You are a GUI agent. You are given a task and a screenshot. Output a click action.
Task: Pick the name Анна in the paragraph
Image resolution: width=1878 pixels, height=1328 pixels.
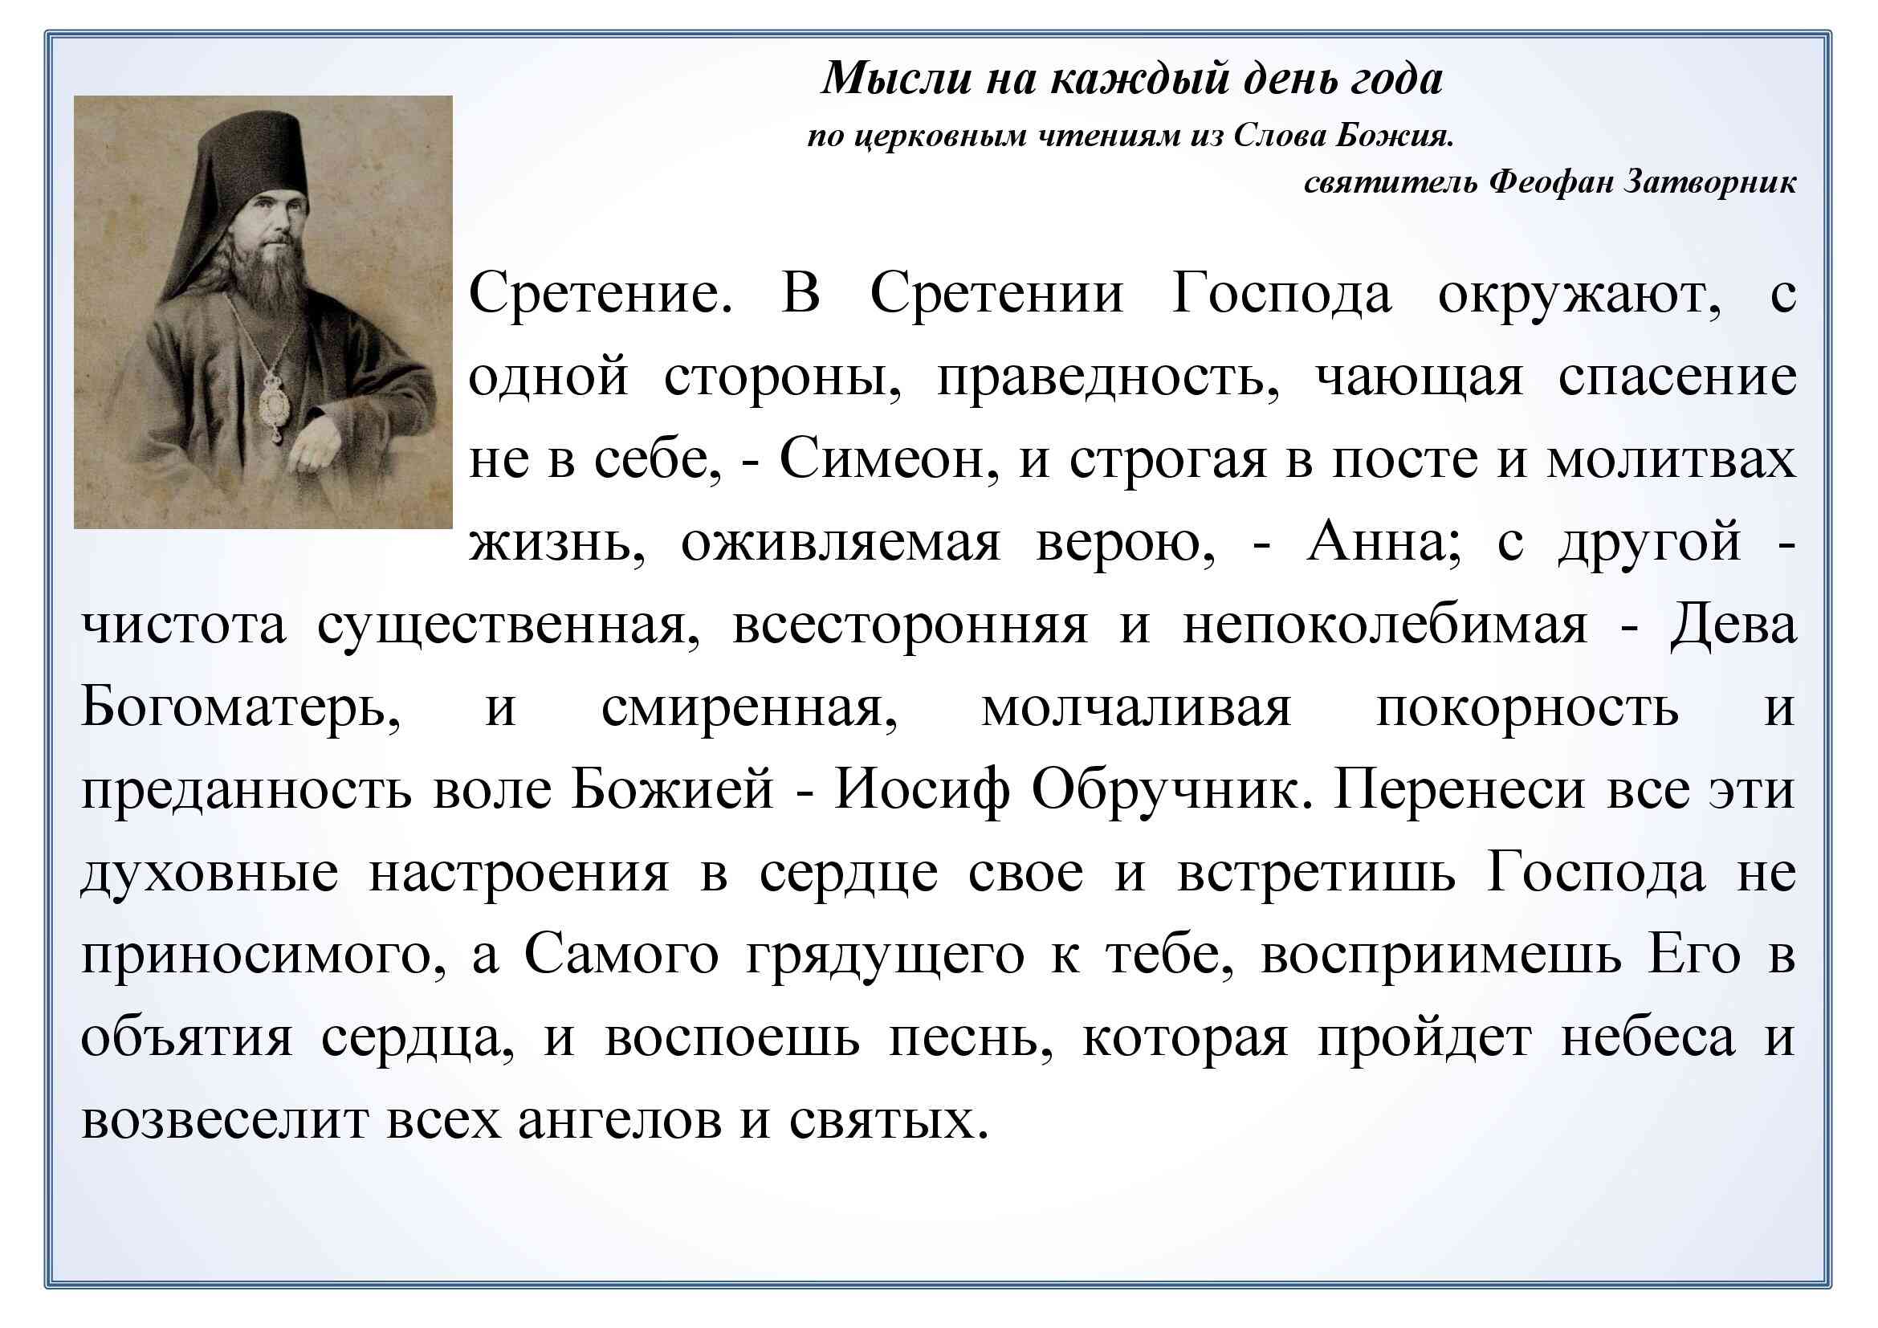coord(1379,542)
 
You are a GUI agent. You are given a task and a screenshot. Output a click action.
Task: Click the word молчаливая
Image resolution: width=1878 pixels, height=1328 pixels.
coord(1137,708)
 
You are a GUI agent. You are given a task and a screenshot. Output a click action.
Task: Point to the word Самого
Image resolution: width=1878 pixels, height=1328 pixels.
coord(621,955)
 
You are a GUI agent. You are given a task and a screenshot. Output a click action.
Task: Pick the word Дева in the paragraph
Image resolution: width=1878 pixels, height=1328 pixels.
coord(1733,625)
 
